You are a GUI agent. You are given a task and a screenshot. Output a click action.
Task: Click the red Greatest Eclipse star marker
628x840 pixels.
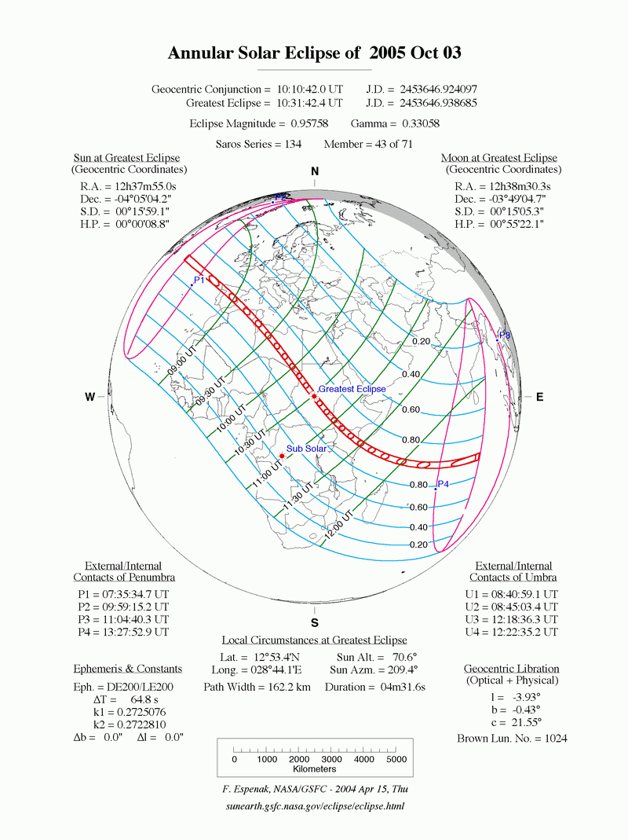coord(314,396)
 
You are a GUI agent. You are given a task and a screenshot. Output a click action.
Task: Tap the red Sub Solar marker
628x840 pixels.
coord(281,456)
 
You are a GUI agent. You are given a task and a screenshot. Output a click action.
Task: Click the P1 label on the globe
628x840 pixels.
coord(199,280)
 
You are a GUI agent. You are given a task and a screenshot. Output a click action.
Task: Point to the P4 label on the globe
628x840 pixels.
coord(443,483)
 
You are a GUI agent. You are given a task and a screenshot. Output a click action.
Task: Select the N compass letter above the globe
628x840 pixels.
coord(315,172)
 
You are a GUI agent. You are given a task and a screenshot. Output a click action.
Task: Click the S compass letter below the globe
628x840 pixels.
coord(315,623)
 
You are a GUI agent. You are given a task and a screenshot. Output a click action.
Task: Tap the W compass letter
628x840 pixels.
coord(91,398)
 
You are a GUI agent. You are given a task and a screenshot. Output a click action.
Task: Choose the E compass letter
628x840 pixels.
coord(539,398)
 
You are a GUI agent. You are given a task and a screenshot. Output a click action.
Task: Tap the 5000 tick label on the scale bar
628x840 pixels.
coord(396,760)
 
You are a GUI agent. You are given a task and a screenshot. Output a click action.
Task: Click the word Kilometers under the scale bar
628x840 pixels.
coord(316,772)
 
